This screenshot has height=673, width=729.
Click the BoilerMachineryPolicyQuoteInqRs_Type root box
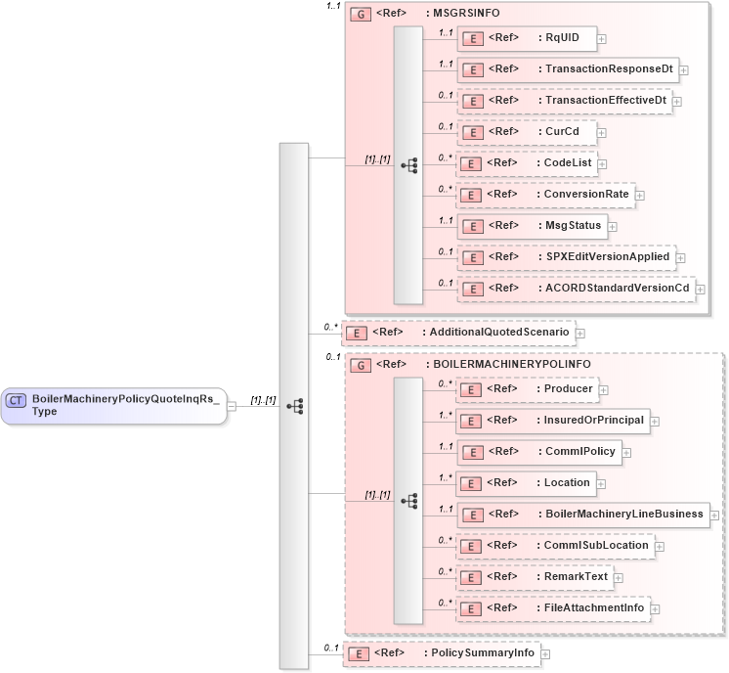[x=113, y=405]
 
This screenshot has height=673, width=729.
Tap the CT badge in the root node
[x=17, y=399]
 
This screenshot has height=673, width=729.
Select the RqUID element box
[x=527, y=38]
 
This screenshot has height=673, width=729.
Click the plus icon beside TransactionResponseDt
[x=684, y=70]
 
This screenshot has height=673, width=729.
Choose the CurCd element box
[x=527, y=131]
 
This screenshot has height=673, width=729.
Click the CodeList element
[x=528, y=162]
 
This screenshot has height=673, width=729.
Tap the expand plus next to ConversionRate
[x=640, y=195]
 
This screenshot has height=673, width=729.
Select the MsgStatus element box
[x=532, y=226]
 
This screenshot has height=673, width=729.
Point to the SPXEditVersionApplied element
[x=566, y=257]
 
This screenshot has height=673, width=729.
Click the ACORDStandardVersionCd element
[x=576, y=289]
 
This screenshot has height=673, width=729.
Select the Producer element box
[x=527, y=389]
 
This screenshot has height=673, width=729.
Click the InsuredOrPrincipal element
[x=552, y=421]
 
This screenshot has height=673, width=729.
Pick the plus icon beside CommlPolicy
[x=626, y=453]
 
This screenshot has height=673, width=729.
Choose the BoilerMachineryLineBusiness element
[x=582, y=515]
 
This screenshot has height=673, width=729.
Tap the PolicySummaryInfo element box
[x=440, y=653]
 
